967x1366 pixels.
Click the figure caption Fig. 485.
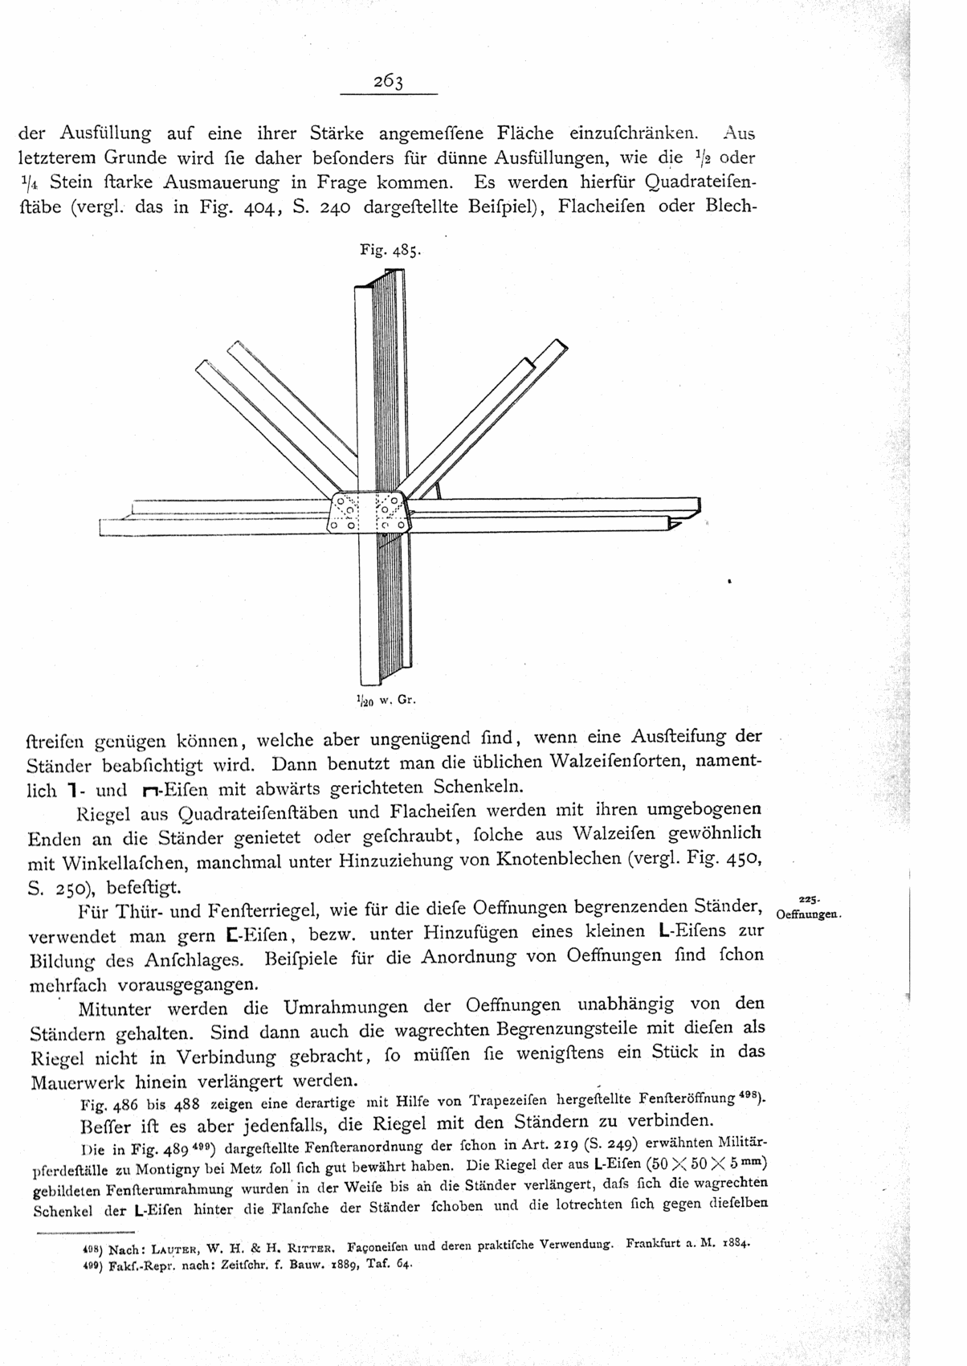(390, 250)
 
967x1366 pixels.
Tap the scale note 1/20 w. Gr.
(383, 700)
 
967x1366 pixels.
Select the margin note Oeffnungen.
(807, 914)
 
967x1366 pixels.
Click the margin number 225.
(808, 899)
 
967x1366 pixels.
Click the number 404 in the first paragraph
(260, 206)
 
